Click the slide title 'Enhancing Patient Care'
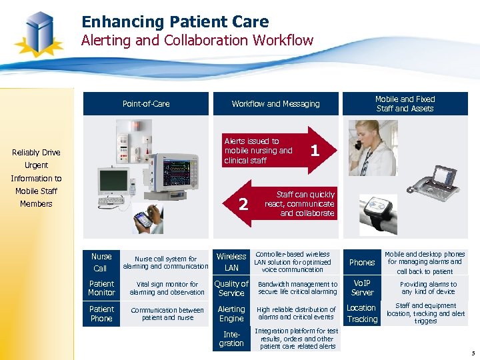(175, 22)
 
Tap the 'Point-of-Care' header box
(146, 103)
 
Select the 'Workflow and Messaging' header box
(275, 103)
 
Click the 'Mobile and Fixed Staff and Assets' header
(405, 103)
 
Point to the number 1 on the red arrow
(315, 151)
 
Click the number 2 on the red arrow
(243, 204)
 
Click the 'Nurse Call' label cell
(101, 263)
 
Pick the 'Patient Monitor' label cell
(101, 288)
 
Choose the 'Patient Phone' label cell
(101, 314)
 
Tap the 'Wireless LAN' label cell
(231, 262)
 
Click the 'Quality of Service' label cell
(231, 288)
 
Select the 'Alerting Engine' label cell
(231, 314)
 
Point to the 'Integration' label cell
(231, 339)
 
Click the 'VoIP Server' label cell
(362, 288)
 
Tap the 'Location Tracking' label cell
(362, 313)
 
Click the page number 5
(472, 353)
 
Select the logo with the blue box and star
(39, 33)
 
